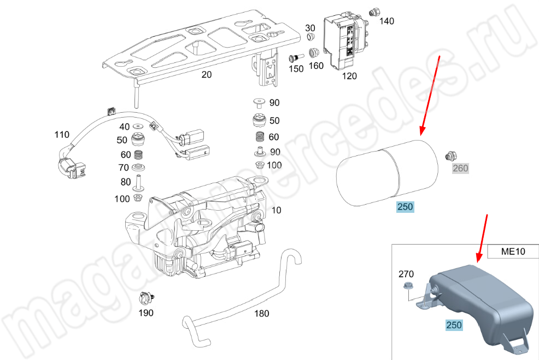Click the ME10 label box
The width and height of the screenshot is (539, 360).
pyautogui.click(x=513, y=251)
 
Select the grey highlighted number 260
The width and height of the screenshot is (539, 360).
pyautogui.click(x=460, y=169)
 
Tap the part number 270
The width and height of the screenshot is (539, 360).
pyautogui.click(x=406, y=274)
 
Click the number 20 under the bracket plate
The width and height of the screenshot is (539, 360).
pyautogui.click(x=207, y=74)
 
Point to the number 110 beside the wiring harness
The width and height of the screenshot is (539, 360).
pyautogui.click(x=62, y=135)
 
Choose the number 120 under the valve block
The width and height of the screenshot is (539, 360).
pyautogui.click(x=349, y=76)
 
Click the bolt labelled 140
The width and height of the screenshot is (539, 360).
pyautogui.click(x=374, y=13)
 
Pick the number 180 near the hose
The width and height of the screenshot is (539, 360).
pyautogui.click(x=262, y=313)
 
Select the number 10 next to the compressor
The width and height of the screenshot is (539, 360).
pyautogui.click(x=277, y=210)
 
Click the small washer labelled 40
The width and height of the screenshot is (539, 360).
pyautogui.click(x=138, y=126)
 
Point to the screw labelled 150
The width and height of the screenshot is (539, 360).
pyautogui.click(x=296, y=57)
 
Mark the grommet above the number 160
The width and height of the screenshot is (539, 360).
pyautogui.click(x=314, y=53)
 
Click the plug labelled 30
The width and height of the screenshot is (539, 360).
pyautogui.click(x=310, y=37)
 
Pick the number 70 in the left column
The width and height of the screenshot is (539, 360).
pyautogui.click(x=124, y=167)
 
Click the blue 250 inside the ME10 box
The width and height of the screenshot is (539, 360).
pyautogui.click(x=454, y=325)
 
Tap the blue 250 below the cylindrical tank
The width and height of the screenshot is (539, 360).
pyautogui.click(x=405, y=207)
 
